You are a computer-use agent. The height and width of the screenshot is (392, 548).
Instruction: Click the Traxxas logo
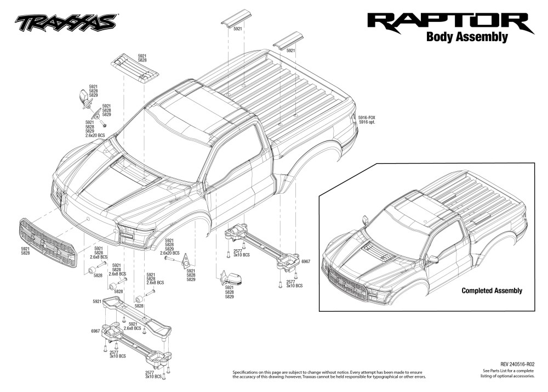[x=65, y=23]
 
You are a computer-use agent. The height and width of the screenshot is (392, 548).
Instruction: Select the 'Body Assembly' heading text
[x=467, y=37]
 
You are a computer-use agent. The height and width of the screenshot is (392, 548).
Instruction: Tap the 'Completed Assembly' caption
[x=492, y=290]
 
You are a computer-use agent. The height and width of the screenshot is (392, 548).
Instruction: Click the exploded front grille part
[x=48, y=243]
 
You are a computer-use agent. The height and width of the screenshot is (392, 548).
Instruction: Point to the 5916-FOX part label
[x=367, y=118]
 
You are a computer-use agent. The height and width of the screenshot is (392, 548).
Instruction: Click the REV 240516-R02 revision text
[x=517, y=365]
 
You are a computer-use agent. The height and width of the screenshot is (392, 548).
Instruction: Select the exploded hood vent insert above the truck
[x=135, y=69]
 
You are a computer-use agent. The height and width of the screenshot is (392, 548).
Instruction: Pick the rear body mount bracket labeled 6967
[x=262, y=248]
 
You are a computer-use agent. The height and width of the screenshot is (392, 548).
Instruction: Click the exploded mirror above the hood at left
[x=85, y=98]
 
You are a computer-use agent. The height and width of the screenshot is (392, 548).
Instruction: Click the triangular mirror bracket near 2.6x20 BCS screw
[x=185, y=260]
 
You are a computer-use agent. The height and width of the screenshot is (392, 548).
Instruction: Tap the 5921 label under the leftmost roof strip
[x=238, y=29]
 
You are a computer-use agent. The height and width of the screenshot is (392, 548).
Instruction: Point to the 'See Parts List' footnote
[x=509, y=371]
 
